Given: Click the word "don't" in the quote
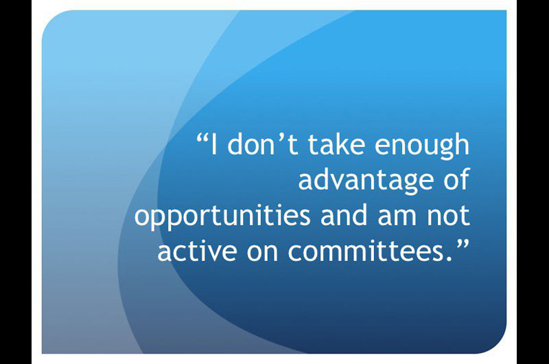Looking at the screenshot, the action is [x=263, y=144].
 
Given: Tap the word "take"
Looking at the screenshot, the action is [x=336, y=144].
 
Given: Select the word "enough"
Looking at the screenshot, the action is [x=421, y=146].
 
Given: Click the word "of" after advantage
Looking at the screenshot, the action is [x=456, y=179].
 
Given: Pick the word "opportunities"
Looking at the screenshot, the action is [x=222, y=217].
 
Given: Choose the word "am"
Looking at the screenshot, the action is [x=397, y=218].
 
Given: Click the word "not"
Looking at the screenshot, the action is [x=448, y=216].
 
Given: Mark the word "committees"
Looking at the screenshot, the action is [x=366, y=251].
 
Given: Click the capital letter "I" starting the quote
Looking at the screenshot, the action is [x=214, y=144].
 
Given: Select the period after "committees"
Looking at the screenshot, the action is [x=450, y=258].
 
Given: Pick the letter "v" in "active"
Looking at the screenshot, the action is [x=209, y=253].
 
